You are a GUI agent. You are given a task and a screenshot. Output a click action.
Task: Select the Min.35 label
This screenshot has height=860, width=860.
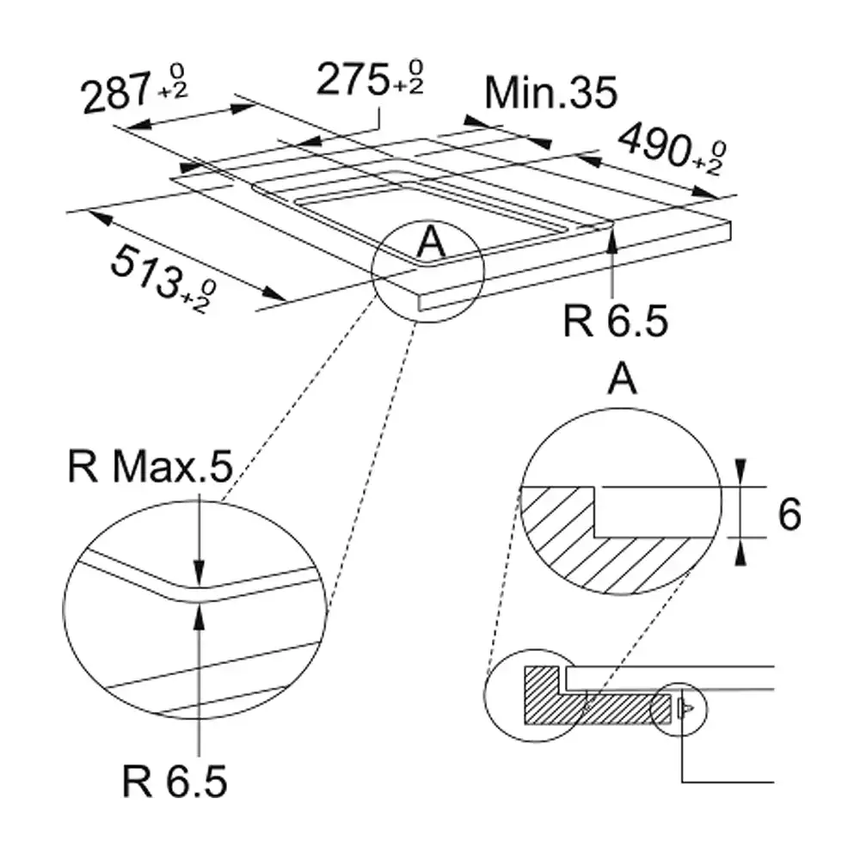550,92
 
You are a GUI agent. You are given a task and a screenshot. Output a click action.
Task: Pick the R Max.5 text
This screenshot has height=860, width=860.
150,467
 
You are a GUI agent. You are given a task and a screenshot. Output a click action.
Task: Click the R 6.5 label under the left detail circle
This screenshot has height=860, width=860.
175,781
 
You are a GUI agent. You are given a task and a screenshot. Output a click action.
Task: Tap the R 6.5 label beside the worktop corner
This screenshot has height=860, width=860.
616,321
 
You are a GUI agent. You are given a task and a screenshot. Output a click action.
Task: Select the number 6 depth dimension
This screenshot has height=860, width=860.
789,514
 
